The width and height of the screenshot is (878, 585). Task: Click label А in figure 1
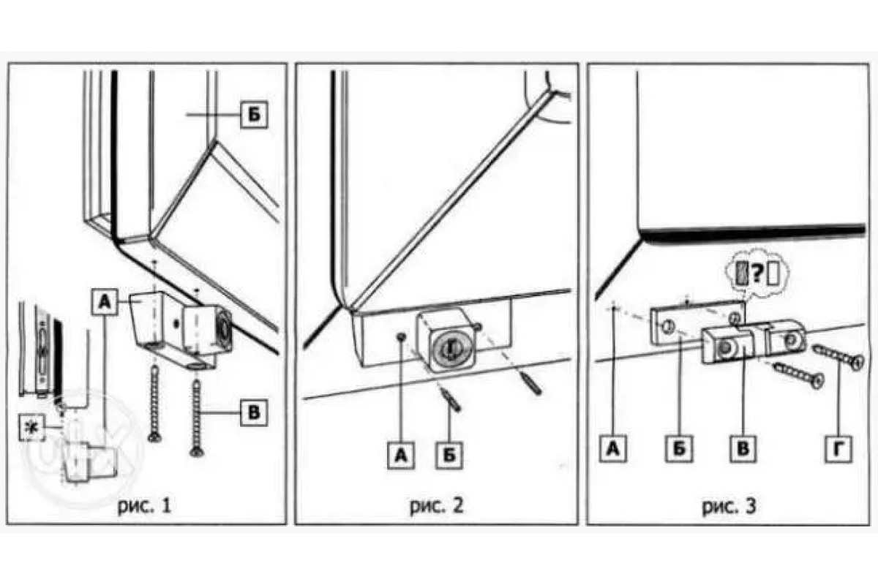104,302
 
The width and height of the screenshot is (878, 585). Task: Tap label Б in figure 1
255,114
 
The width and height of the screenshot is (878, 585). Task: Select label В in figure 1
254,413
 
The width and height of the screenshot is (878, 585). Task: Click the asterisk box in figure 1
31,428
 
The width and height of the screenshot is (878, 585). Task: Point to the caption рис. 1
144,506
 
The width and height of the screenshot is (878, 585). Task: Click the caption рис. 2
436,506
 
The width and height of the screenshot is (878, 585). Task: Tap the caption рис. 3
729,506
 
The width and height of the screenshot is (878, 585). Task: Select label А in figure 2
401,456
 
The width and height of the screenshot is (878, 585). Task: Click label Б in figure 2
449,456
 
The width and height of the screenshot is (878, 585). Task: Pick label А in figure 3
613,449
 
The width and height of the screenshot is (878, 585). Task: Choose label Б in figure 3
679,449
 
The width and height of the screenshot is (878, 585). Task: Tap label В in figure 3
743,449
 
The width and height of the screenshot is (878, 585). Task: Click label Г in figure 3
838,449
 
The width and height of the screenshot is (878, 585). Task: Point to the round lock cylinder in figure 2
449,347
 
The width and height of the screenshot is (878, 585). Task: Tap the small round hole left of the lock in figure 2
401,336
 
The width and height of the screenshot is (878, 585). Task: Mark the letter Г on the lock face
451,346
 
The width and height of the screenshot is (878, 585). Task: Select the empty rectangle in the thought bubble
773,274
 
